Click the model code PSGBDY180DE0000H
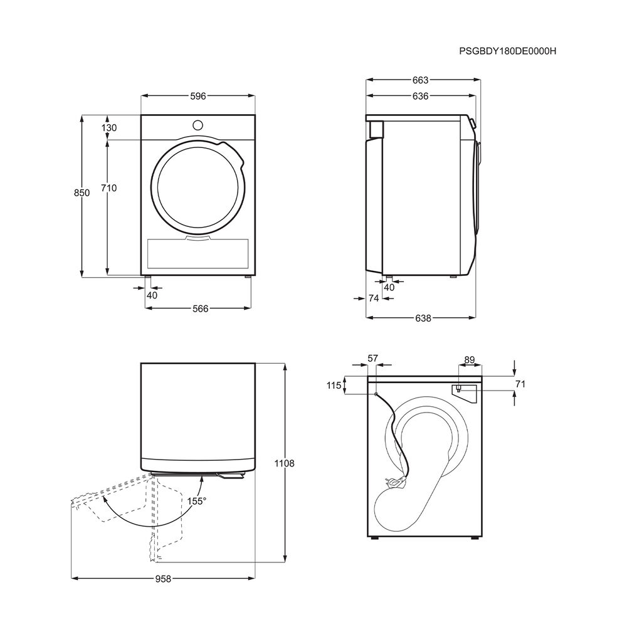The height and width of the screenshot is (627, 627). click(x=507, y=51)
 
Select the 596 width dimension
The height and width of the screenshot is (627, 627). click(x=198, y=96)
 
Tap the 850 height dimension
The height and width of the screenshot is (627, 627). click(x=82, y=192)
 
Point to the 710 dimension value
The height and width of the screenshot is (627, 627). click(x=108, y=187)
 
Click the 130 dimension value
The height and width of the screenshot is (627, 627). click(x=108, y=127)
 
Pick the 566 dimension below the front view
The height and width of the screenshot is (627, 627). click(x=201, y=308)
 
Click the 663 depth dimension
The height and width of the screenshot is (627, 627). click(x=420, y=80)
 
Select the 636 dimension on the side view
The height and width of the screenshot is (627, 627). click(x=420, y=96)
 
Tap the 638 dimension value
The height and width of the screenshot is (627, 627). click(x=423, y=318)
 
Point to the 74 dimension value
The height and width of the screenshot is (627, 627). click(x=373, y=298)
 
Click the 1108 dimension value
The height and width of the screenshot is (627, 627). click(x=284, y=463)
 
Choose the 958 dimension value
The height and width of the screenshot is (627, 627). click(x=163, y=579)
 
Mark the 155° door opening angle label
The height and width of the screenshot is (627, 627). click(x=197, y=501)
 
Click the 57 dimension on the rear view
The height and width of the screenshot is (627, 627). click(x=372, y=359)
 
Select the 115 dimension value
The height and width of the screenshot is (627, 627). click(x=334, y=386)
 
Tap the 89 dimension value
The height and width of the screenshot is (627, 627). click(x=470, y=360)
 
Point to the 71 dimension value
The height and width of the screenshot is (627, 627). click(x=520, y=384)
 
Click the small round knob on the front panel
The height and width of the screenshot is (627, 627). click(x=198, y=125)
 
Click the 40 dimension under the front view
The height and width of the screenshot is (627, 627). click(x=152, y=295)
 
